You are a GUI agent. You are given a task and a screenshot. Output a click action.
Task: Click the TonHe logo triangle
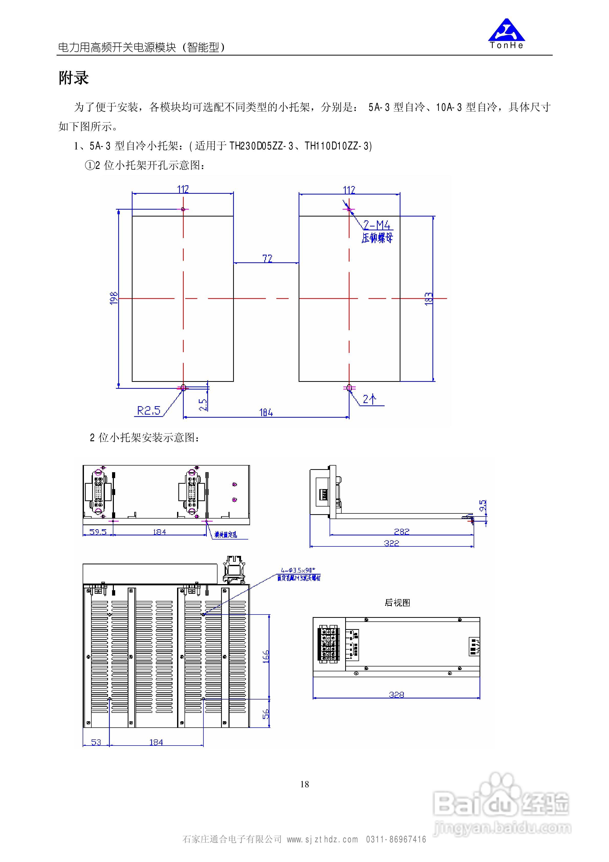tap(506, 30)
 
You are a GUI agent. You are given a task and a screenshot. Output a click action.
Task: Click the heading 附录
tap(74, 78)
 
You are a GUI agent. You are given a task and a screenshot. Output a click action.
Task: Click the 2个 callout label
tap(369, 399)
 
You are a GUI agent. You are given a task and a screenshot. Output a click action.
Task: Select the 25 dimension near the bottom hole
tap(203, 404)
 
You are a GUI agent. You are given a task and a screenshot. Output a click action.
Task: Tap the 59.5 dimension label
tap(98, 532)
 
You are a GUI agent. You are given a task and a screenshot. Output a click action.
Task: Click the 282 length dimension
tap(401, 532)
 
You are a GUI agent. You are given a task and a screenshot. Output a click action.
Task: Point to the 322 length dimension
tap(391, 543)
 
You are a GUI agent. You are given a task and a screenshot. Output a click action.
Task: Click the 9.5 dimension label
tap(483, 505)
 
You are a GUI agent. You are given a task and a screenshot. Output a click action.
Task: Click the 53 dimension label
tap(96, 742)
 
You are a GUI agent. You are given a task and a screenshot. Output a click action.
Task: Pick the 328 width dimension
tap(396, 695)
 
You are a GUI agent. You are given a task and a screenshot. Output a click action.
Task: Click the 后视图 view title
tap(397, 602)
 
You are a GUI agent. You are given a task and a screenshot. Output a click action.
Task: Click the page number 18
tap(304, 784)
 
